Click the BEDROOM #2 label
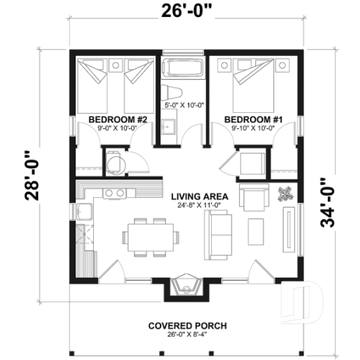[x=118, y=119]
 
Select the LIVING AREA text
[x=199, y=196]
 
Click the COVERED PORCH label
[x=186, y=326]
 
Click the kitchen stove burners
[x=113, y=193]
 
